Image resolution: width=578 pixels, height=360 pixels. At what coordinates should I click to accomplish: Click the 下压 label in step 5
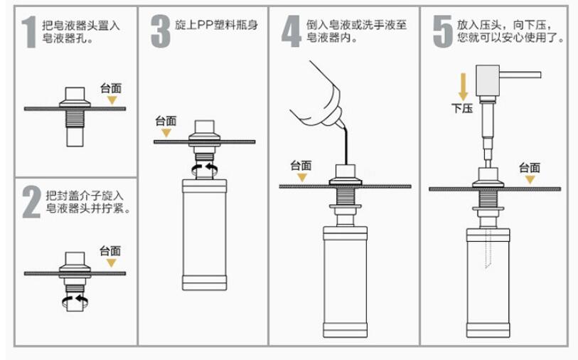point(462,108)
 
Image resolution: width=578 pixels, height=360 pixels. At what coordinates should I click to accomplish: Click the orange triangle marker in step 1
point(111,101)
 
